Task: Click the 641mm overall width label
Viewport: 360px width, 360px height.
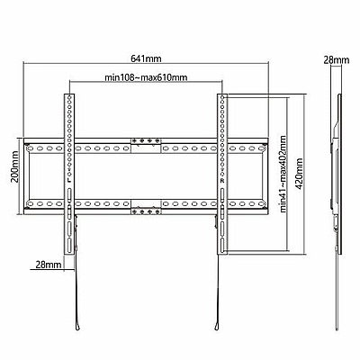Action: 146,58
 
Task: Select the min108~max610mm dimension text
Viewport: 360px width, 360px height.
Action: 146,77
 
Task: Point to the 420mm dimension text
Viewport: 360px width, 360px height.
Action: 299,174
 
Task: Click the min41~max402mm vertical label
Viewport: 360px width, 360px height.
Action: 283,174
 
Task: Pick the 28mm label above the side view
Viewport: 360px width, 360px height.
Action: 337,60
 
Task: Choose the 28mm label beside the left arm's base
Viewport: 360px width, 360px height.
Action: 49,265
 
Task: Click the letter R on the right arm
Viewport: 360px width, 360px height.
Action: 222,181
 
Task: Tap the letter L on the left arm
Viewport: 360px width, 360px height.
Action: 69,181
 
